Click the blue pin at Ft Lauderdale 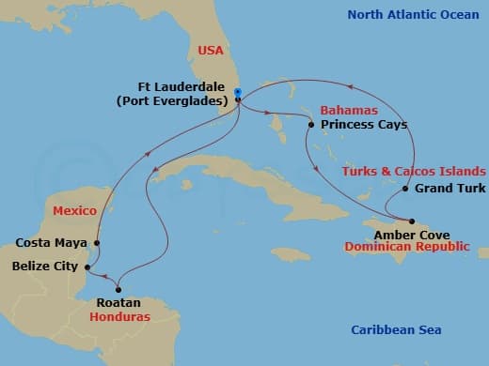click(x=238, y=93)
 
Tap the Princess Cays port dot click(x=311, y=124)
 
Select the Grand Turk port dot click(x=404, y=189)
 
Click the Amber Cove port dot click(x=411, y=221)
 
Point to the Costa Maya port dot click(x=98, y=242)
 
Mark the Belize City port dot click(x=87, y=267)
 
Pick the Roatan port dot click(x=118, y=289)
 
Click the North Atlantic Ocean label click(x=414, y=14)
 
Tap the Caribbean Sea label click(x=396, y=329)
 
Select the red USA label click(x=212, y=51)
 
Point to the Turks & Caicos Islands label click(x=414, y=171)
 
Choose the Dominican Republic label click(x=406, y=247)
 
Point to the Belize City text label click(x=45, y=267)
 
